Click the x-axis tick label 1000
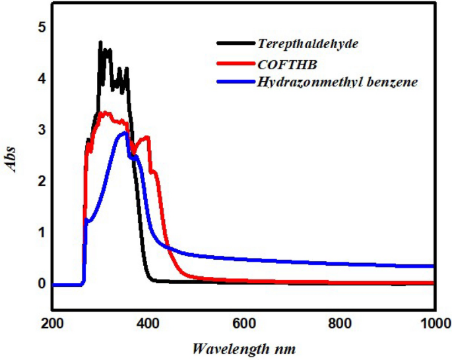pos(433,323)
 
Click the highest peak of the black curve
pos(100,42)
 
